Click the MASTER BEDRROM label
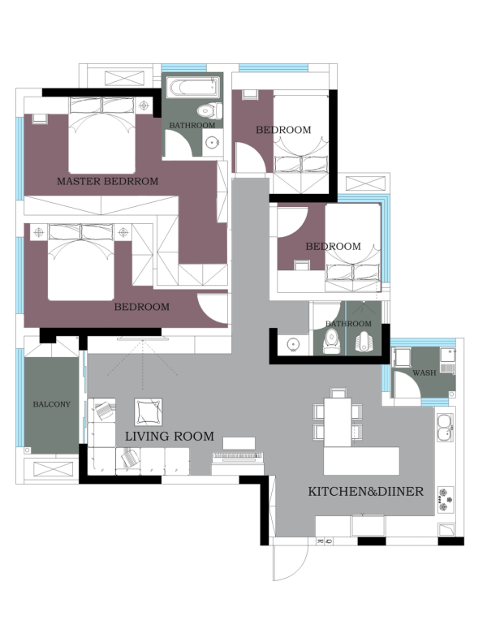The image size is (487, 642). click(107, 181)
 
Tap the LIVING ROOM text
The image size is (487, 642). click(170, 436)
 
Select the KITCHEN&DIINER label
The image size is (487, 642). click(366, 491)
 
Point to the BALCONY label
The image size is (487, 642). click(52, 404)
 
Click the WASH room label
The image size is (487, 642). click(425, 373)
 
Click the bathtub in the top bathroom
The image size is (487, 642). click(193, 88)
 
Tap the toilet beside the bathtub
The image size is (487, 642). click(209, 110)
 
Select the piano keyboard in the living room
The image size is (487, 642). click(238, 455)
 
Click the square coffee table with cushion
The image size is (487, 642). click(149, 411)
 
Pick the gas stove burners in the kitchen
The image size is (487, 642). click(446, 499)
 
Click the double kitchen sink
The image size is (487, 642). click(446, 428)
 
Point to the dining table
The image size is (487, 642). click(338, 422)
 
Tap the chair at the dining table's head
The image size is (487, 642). click(338, 393)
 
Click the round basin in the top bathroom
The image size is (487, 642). click(213, 143)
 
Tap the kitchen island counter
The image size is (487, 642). click(361, 461)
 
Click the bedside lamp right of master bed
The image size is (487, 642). click(144, 106)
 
